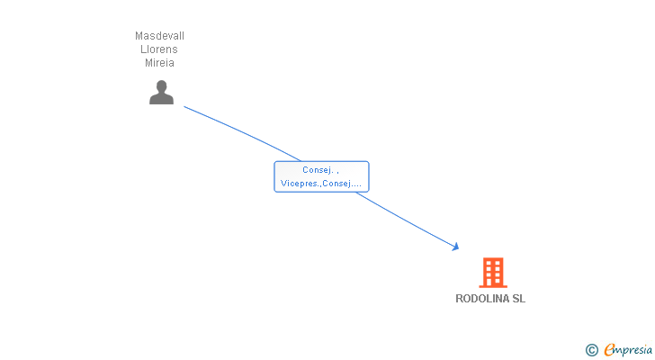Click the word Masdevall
[160, 36]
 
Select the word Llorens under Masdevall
[160, 49]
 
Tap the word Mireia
[160, 63]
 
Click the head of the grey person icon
[161, 86]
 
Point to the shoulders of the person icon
[161, 99]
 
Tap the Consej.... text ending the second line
[343, 184]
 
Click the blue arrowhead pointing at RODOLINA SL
[456, 246]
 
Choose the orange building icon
[492, 272]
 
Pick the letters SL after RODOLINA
[518, 299]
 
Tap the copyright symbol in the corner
[592, 350]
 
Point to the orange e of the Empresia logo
[610, 350]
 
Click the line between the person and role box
[243, 132]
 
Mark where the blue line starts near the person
[185, 107]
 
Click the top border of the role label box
[321, 161]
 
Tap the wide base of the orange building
[492, 285]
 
